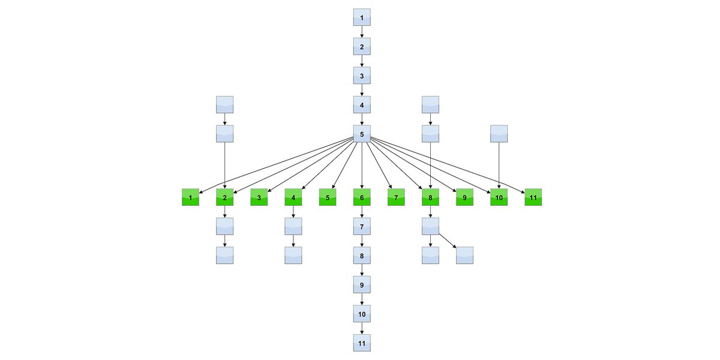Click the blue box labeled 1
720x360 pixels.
[362, 17]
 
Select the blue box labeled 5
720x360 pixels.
[362, 133]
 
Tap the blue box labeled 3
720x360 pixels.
[362, 76]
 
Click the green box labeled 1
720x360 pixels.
[190, 197]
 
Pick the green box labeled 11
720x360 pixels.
[533, 197]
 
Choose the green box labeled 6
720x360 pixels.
[362, 197]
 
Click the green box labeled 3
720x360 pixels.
[259, 197]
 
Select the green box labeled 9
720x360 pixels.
[464, 197]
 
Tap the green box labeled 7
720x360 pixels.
[396, 197]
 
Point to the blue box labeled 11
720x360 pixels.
[362, 343]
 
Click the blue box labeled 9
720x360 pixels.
[362, 284]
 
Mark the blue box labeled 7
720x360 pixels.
[362, 226]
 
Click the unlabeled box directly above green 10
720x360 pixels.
[499, 133]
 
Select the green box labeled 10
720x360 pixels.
[499, 197]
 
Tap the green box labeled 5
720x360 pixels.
[328, 197]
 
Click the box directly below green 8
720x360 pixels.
[431, 226]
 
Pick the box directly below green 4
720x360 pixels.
[293, 226]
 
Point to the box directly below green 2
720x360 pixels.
[224, 226]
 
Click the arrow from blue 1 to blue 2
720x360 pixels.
[362, 32]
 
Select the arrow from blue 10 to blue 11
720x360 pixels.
[362, 328]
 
